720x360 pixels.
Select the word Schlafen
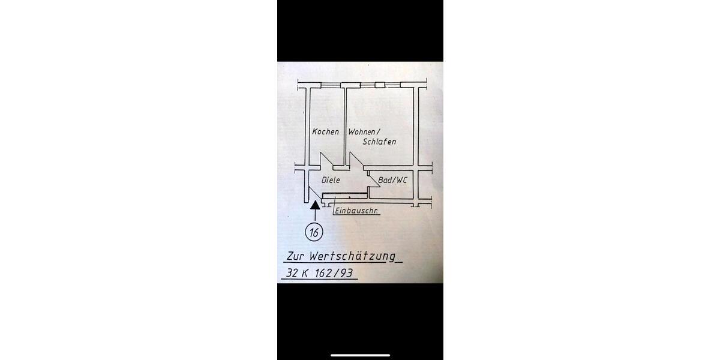(x=379, y=142)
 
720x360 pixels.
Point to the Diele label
(x=331, y=179)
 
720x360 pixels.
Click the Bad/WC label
(x=392, y=179)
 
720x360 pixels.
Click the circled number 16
(x=314, y=232)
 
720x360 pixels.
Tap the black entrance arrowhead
(x=314, y=205)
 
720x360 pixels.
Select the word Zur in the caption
(x=298, y=256)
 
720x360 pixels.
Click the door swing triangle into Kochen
(x=328, y=161)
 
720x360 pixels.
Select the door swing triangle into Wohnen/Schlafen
(x=356, y=161)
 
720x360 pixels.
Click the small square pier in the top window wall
(x=379, y=85)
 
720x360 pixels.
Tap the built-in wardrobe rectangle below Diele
(x=344, y=195)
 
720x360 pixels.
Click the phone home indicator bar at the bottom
(x=360, y=355)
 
